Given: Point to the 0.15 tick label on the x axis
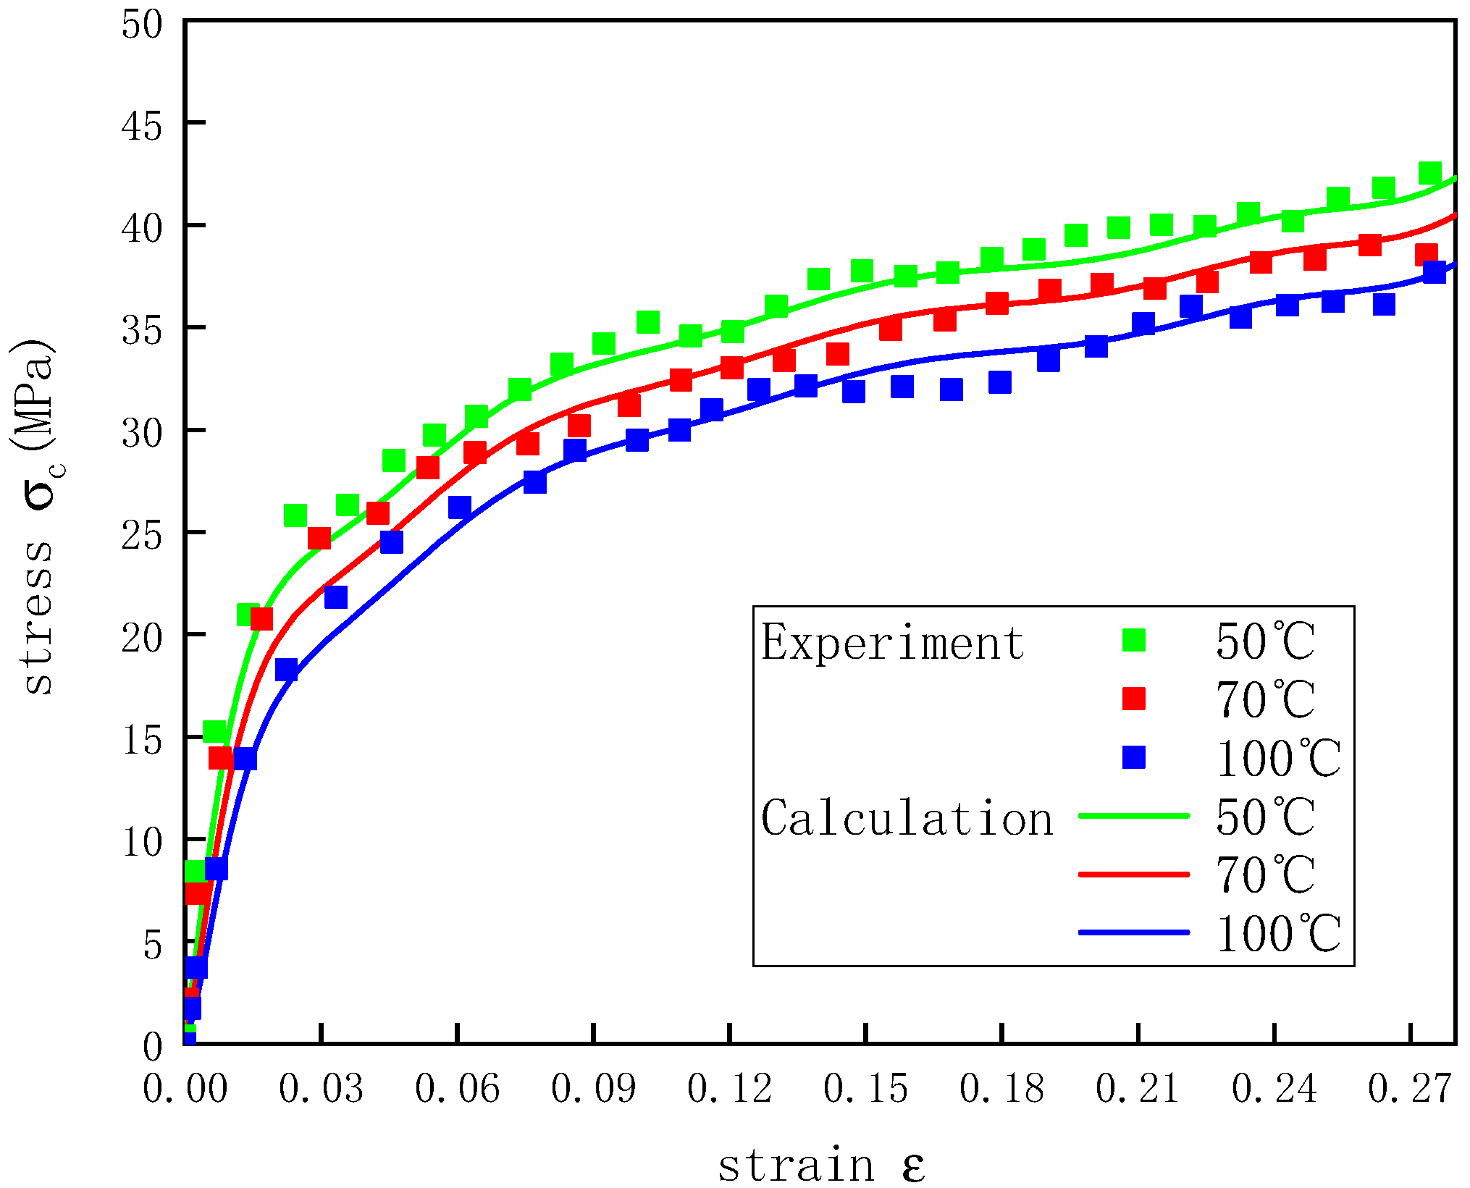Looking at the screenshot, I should (x=865, y=1088).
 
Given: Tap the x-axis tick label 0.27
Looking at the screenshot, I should (x=1410, y=1088).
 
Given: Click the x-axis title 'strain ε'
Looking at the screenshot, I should (x=821, y=1165).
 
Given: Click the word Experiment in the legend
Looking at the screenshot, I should (x=892, y=642).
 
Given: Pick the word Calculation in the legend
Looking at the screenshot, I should (x=907, y=818).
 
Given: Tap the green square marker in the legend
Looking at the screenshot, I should (x=1133, y=640).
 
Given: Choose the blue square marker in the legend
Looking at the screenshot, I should (x=1133, y=757).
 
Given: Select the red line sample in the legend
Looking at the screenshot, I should (x=1133, y=875).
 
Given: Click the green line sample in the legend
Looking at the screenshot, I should (x=1133, y=816).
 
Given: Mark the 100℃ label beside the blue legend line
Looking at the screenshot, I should (x=1278, y=934).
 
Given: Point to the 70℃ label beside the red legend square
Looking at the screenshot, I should (x=1264, y=699).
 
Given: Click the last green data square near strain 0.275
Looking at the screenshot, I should (x=1429, y=173).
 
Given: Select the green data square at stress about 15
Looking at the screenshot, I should (x=214, y=731).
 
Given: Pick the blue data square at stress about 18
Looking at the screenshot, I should (x=287, y=670).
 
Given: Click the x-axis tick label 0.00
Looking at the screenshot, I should (x=185, y=1088).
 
